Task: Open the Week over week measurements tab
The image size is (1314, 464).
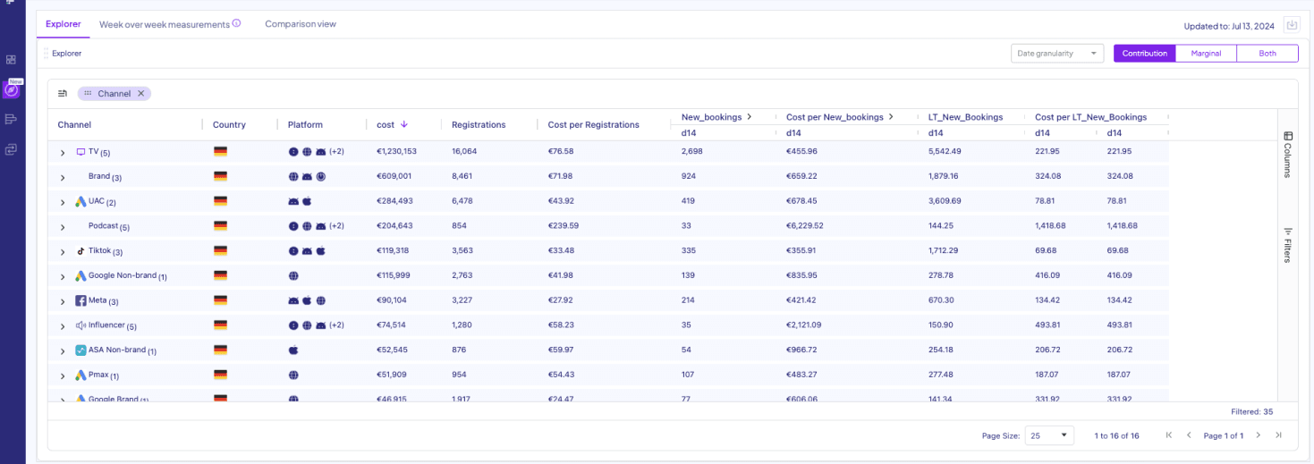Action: [x=165, y=24]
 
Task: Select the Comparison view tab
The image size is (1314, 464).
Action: [x=301, y=24]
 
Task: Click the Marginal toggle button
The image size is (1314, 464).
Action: [x=1206, y=54]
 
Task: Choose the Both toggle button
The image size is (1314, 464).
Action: [x=1267, y=54]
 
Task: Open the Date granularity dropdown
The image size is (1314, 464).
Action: [x=1057, y=54]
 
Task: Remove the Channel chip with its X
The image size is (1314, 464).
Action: [x=140, y=94]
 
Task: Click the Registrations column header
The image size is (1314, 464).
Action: [x=479, y=125]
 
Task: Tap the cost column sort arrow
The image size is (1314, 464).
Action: [x=404, y=124]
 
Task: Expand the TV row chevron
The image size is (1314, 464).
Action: [x=63, y=153]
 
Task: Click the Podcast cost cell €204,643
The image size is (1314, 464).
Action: [x=395, y=226]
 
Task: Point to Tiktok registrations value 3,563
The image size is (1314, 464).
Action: [x=464, y=251]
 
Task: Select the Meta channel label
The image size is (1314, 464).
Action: [x=97, y=300]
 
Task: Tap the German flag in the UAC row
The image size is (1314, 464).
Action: [x=220, y=201]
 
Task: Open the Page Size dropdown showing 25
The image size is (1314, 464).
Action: [x=1049, y=435]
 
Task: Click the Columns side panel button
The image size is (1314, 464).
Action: [x=1288, y=154]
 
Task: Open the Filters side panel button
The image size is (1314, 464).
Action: [x=1288, y=244]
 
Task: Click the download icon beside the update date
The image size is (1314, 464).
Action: [x=1292, y=25]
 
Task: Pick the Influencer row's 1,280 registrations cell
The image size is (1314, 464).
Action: [x=464, y=325]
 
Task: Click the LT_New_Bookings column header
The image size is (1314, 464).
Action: [x=965, y=117]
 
